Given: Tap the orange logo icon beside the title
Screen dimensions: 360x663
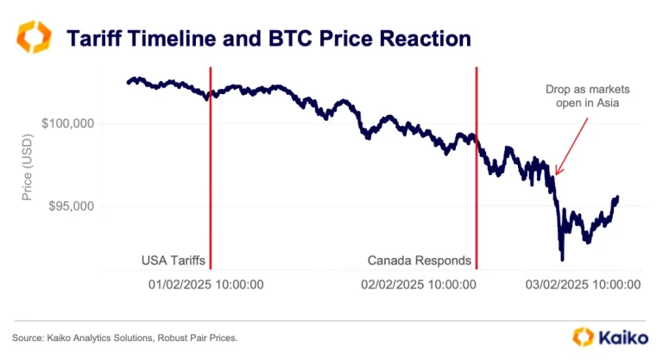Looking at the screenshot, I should pyautogui.click(x=35, y=40).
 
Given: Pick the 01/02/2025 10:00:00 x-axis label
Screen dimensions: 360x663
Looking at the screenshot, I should pyautogui.click(x=207, y=283).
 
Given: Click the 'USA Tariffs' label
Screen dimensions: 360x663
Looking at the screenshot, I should pyautogui.click(x=173, y=260).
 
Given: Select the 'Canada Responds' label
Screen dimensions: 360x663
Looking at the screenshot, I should pyautogui.click(x=420, y=260).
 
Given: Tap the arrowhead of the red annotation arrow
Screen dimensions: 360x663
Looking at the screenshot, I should pyautogui.click(x=557, y=174).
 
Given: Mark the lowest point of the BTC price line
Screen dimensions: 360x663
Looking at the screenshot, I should pyautogui.click(x=562, y=258).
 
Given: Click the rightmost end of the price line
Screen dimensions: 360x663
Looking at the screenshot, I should pyautogui.click(x=618, y=198).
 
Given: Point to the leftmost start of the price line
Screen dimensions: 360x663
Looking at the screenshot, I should pyautogui.click(x=128, y=83).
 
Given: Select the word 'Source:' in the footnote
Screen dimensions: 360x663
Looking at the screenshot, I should pyautogui.click(x=28, y=337).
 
